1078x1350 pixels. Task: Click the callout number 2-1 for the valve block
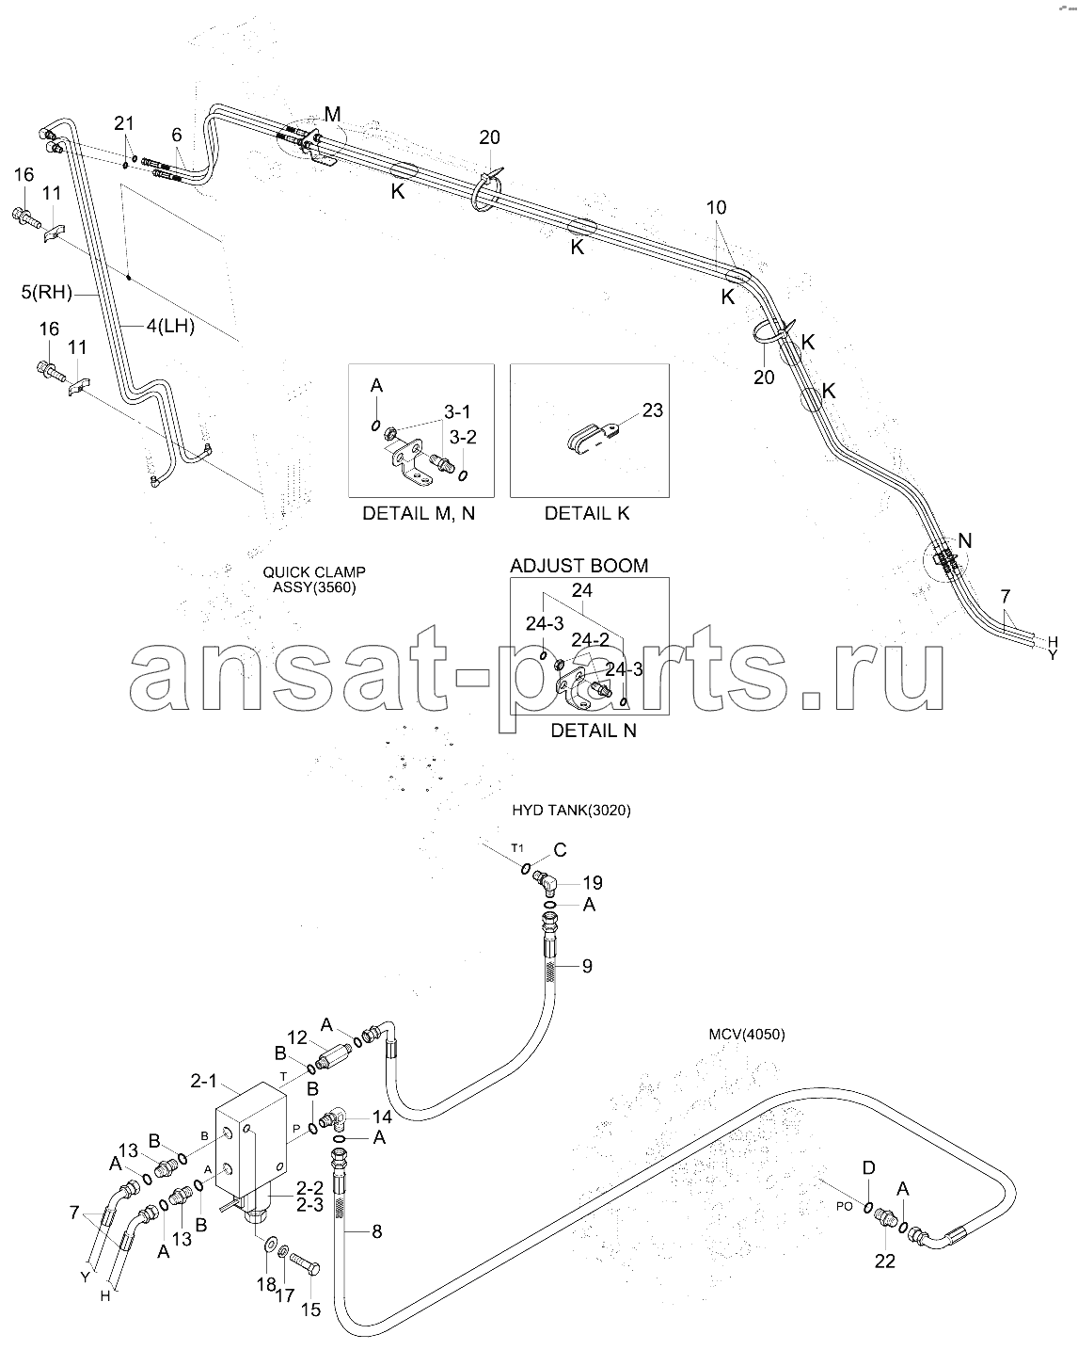click(x=204, y=1080)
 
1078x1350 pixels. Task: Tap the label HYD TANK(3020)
click(x=571, y=810)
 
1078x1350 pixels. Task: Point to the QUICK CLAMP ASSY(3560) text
click(x=314, y=580)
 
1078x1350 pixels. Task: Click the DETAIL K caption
click(x=587, y=513)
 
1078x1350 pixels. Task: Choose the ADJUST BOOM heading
click(x=579, y=565)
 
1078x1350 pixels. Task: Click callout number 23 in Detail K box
click(x=653, y=410)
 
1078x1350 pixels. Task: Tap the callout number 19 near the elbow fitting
click(x=593, y=883)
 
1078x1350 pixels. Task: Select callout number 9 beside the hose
click(x=587, y=966)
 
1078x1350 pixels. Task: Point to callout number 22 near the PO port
click(x=885, y=1261)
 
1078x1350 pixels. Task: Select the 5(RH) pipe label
click(x=47, y=293)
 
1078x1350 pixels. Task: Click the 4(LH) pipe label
click(x=170, y=326)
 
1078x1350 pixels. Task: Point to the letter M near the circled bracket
click(x=332, y=114)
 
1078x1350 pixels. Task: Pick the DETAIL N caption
click(x=594, y=731)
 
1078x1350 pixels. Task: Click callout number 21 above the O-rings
click(x=124, y=123)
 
